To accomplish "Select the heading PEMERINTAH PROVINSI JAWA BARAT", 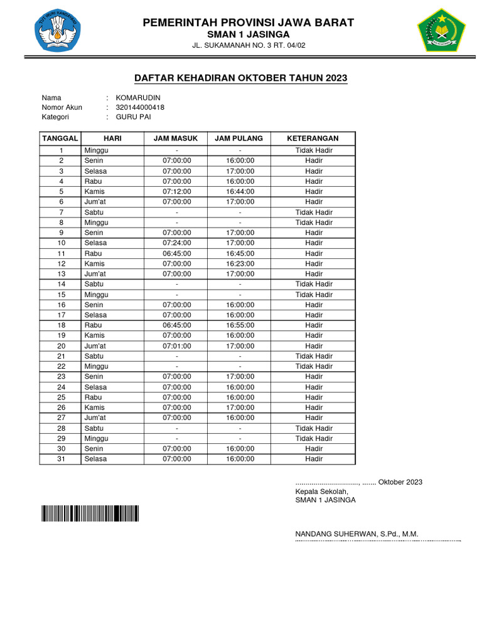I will [249, 23].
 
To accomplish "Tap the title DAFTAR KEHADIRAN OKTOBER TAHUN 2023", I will [241, 78].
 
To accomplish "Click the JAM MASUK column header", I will [176, 138].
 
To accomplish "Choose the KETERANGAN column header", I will [313, 138].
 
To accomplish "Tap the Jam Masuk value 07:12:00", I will [177, 192].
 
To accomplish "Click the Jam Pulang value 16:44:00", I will [240, 192].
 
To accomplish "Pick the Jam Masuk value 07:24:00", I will [177, 243].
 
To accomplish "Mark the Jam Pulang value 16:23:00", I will [240, 264].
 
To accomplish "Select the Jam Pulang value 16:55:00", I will [240, 325].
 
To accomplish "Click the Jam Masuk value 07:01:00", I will [177, 346].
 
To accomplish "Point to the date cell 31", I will [62, 459].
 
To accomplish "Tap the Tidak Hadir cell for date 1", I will [314, 150].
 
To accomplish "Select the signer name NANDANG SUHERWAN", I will [356, 534].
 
